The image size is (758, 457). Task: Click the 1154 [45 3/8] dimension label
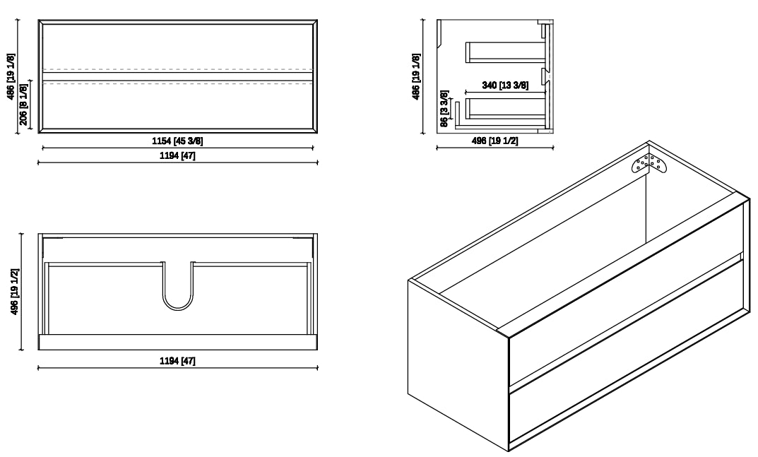(177, 141)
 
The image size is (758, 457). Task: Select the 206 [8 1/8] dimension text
(24, 104)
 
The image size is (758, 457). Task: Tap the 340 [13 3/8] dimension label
(505, 85)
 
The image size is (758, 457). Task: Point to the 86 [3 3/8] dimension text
(444, 108)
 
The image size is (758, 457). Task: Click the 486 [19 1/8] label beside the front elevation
(11, 76)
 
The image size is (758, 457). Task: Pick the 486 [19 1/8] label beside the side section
(416, 76)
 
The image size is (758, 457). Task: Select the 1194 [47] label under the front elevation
(177, 155)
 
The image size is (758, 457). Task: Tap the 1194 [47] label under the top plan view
(177, 361)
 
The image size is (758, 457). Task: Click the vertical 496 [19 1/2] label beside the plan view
(15, 292)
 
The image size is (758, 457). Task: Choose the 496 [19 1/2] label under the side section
(495, 141)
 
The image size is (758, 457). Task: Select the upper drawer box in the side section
(506, 52)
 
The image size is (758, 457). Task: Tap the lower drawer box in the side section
(506, 108)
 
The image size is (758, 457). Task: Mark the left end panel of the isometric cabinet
(457, 365)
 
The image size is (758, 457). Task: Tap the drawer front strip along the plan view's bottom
(177, 342)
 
